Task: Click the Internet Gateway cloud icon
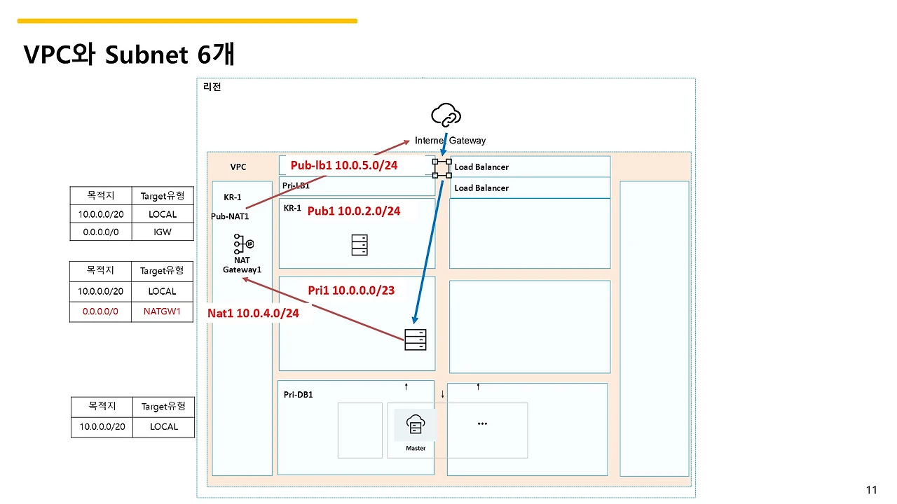pyautogui.click(x=446, y=115)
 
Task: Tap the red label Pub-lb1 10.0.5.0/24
pyautogui.click(x=344, y=165)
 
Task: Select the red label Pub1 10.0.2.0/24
pyautogui.click(x=354, y=211)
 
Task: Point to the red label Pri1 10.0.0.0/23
pyautogui.click(x=351, y=290)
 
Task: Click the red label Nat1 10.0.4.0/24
pyautogui.click(x=253, y=313)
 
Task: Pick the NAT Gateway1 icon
pyautogui.click(x=243, y=244)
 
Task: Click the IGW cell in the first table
pyautogui.click(x=163, y=232)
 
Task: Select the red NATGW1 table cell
pyautogui.click(x=162, y=311)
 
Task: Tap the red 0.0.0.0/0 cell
pyautogui.click(x=100, y=311)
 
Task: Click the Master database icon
pyautogui.click(x=416, y=424)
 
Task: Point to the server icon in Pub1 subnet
pyautogui.click(x=360, y=245)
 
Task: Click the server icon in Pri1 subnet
pyautogui.click(x=416, y=339)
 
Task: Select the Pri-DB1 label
pyautogui.click(x=298, y=394)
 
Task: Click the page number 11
pyautogui.click(x=871, y=489)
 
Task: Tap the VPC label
pyautogui.click(x=238, y=167)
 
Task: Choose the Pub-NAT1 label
pyautogui.click(x=230, y=216)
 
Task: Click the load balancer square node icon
pyautogui.click(x=441, y=169)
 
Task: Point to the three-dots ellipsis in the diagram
pyautogui.click(x=482, y=423)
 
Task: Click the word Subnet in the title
pyautogui.click(x=146, y=55)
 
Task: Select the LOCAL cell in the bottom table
pyautogui.click(x=164, y=427)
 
